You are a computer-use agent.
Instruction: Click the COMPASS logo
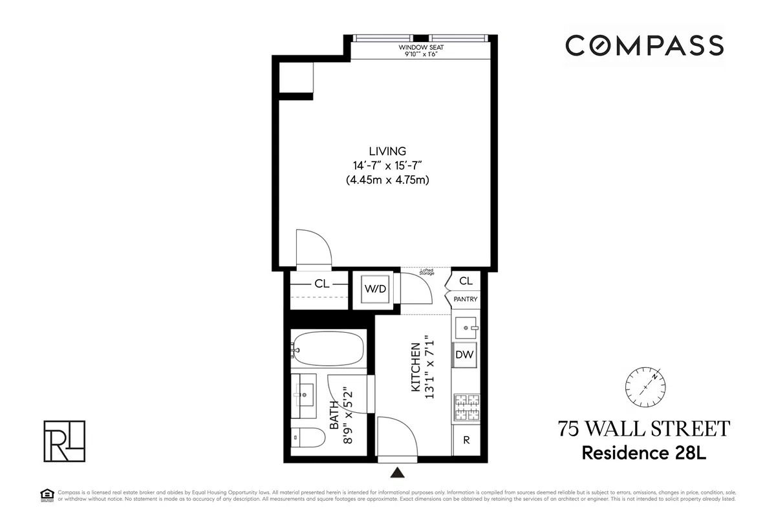[x=644, y=45]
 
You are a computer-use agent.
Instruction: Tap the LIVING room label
[x=388, y=151]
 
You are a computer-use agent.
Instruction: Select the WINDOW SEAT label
[x=420, y=48]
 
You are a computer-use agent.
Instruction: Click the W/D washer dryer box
[x=375, y=288]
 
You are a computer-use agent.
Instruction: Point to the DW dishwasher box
[x=465, y=354]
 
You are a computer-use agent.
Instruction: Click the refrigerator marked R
[x=466, y=440]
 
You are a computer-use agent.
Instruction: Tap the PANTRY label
[x=466, y=299]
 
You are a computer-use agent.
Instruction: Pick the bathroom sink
[x=304, y=392]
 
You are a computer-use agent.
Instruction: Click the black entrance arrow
[x=399, y=472]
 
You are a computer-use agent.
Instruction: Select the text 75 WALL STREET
[x=644, y=429]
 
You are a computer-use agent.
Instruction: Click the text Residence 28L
[x=644, y=452]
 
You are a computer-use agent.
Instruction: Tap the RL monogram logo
[x=63, y=441]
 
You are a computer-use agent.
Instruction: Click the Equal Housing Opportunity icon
[x=46, y=495]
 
